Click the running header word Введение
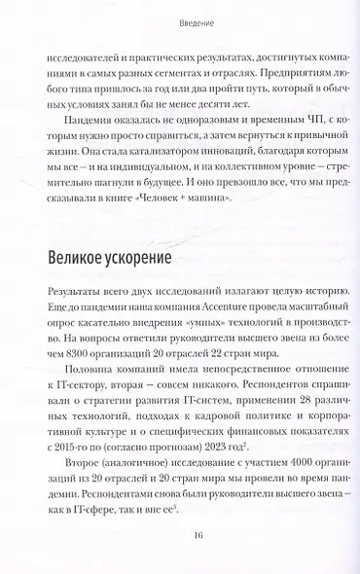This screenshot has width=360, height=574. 180,22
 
